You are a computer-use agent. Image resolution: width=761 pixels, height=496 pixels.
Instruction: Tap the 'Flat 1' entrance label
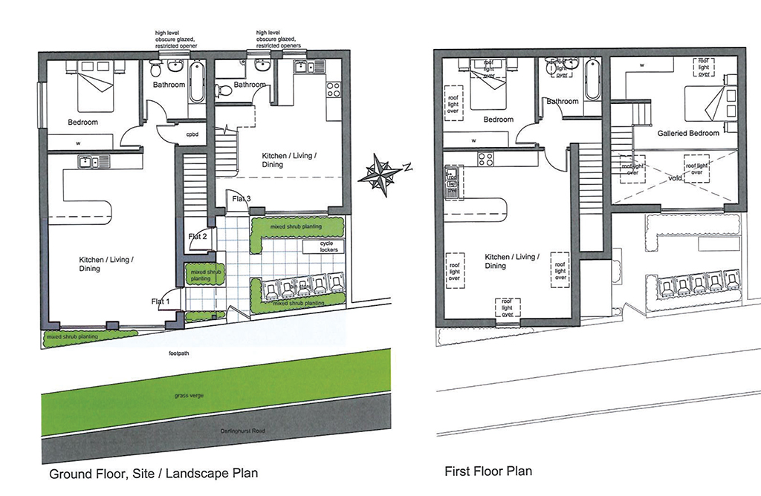coord(161,301)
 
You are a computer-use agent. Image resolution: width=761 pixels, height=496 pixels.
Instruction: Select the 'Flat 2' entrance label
coord(197,236)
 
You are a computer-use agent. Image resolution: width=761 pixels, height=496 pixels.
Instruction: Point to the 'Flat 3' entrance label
coord(242,199)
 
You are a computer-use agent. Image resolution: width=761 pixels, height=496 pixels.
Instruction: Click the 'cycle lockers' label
coord(328,247)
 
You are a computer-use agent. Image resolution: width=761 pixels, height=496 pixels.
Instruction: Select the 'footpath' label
coord(180,354)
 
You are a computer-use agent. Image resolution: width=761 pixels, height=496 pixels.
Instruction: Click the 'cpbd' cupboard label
coord(192,134)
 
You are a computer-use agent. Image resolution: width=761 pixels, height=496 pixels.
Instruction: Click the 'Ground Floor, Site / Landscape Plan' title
coord(153,473)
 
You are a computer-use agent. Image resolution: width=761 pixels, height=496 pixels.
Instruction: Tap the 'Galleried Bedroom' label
coord(688,134)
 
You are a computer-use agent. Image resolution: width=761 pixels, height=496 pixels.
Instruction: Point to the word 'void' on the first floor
coord(675,179)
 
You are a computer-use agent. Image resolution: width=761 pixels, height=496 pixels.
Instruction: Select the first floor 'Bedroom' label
coord(499,120)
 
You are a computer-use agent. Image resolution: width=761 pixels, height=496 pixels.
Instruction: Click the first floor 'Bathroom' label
coord(563,101)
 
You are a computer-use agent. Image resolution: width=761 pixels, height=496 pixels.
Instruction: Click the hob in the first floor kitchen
coord(486,158)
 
